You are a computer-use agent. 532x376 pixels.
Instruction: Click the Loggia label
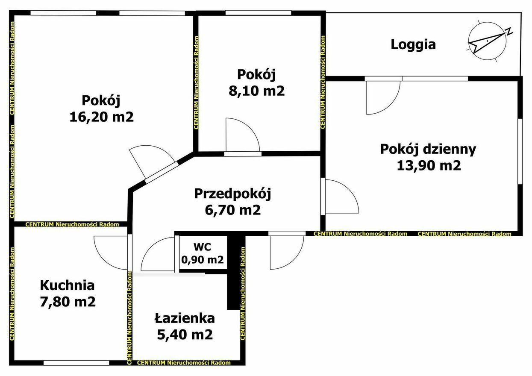coord(413,45)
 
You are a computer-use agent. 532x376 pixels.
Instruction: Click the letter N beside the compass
coord(509,31)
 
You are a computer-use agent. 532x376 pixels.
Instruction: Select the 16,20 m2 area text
coord(102,117)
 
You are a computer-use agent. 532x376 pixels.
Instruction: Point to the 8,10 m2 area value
coord(256,91)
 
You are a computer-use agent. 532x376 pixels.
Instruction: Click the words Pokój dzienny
coord(428,150)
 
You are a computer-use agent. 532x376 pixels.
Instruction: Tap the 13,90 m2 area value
coord(429,165)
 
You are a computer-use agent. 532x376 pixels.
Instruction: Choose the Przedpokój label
coord(232,194)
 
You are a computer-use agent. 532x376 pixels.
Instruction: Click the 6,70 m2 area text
coord(233,210)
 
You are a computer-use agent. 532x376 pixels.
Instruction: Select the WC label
coord(203,247)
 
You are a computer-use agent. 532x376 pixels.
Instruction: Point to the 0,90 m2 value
coord(203,260)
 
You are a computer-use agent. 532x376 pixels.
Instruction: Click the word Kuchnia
coord(67,285)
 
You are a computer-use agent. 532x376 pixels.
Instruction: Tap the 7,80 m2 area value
coord(68,302)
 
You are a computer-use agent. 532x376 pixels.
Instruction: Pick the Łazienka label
coord(185,318)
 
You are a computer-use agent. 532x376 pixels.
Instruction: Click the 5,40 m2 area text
coord(185,335)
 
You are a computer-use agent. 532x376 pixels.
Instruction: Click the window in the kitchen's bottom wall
coord(76,363)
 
